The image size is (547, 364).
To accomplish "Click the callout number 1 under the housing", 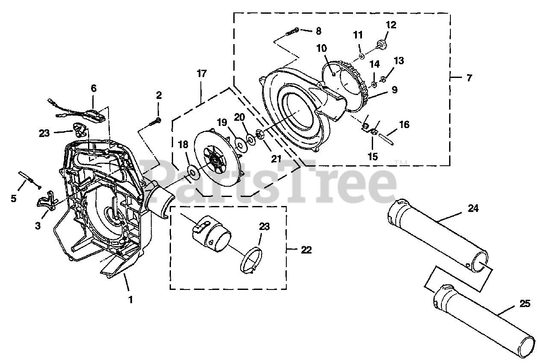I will pos(130,300).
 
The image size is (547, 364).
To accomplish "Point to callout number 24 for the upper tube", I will pos(473,209).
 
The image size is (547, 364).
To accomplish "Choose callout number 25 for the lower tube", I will pos(525,304).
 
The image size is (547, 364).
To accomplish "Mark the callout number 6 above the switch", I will pos(94,89).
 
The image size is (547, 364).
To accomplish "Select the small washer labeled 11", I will pos(362,56).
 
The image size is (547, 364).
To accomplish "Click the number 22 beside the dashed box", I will pos(306,250).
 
